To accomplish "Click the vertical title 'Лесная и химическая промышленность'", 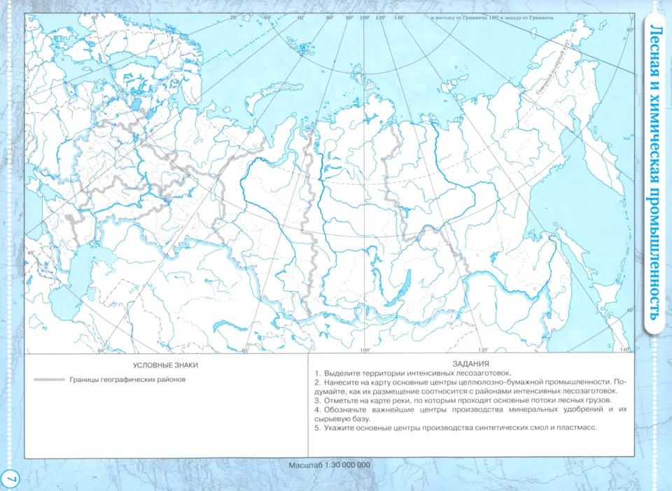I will (x=656, y=171).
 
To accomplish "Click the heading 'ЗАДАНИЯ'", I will (x=470, y=364).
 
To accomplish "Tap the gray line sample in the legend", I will (x=48, y=380).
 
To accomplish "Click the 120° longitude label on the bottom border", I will (x=482, y=350).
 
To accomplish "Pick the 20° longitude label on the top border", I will (x=233, y=15).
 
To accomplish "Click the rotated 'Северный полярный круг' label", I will (x=551, y=69).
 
